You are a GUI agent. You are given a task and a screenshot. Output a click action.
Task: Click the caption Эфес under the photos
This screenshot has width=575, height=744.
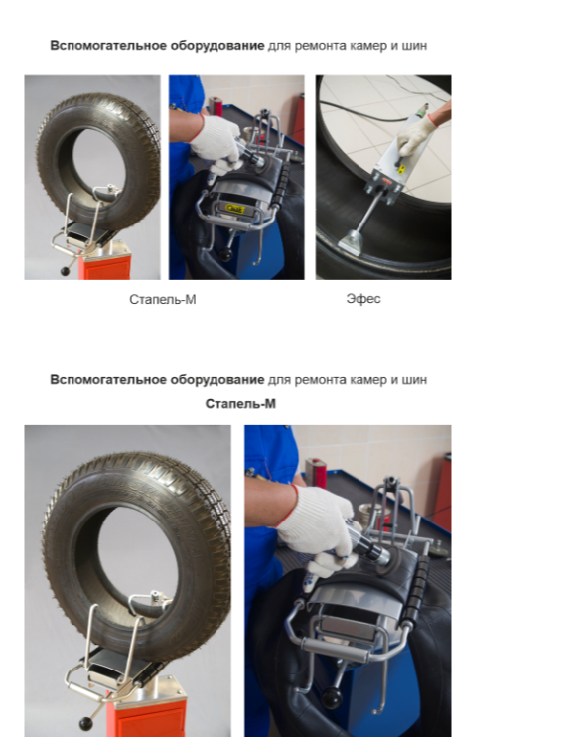coord(363,298)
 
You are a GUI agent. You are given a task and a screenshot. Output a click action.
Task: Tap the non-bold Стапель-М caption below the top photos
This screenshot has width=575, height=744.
coord(162,299)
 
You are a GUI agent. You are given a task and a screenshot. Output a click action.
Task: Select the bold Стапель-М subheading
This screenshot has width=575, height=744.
coord(240,404)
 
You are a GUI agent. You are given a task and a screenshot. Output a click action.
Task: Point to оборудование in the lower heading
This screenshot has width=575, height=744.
coord(216,380)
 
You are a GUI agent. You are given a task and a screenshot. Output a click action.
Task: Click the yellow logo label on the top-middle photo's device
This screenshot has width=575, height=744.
coord(234,209)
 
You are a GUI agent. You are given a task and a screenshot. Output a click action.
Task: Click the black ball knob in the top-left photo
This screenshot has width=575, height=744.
coord(65,271)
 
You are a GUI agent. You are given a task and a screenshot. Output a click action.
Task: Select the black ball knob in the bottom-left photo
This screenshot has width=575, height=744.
coord(85,724)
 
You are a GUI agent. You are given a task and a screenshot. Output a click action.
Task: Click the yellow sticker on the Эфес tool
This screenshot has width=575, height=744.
coord(400,170)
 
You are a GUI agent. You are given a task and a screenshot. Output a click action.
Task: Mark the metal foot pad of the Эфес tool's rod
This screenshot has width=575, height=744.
coord(352,241)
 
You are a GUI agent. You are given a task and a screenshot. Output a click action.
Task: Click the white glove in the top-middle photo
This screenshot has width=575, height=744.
coord(216,139)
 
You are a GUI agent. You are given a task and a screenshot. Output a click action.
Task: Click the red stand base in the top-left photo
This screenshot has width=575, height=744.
coord(106,268)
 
